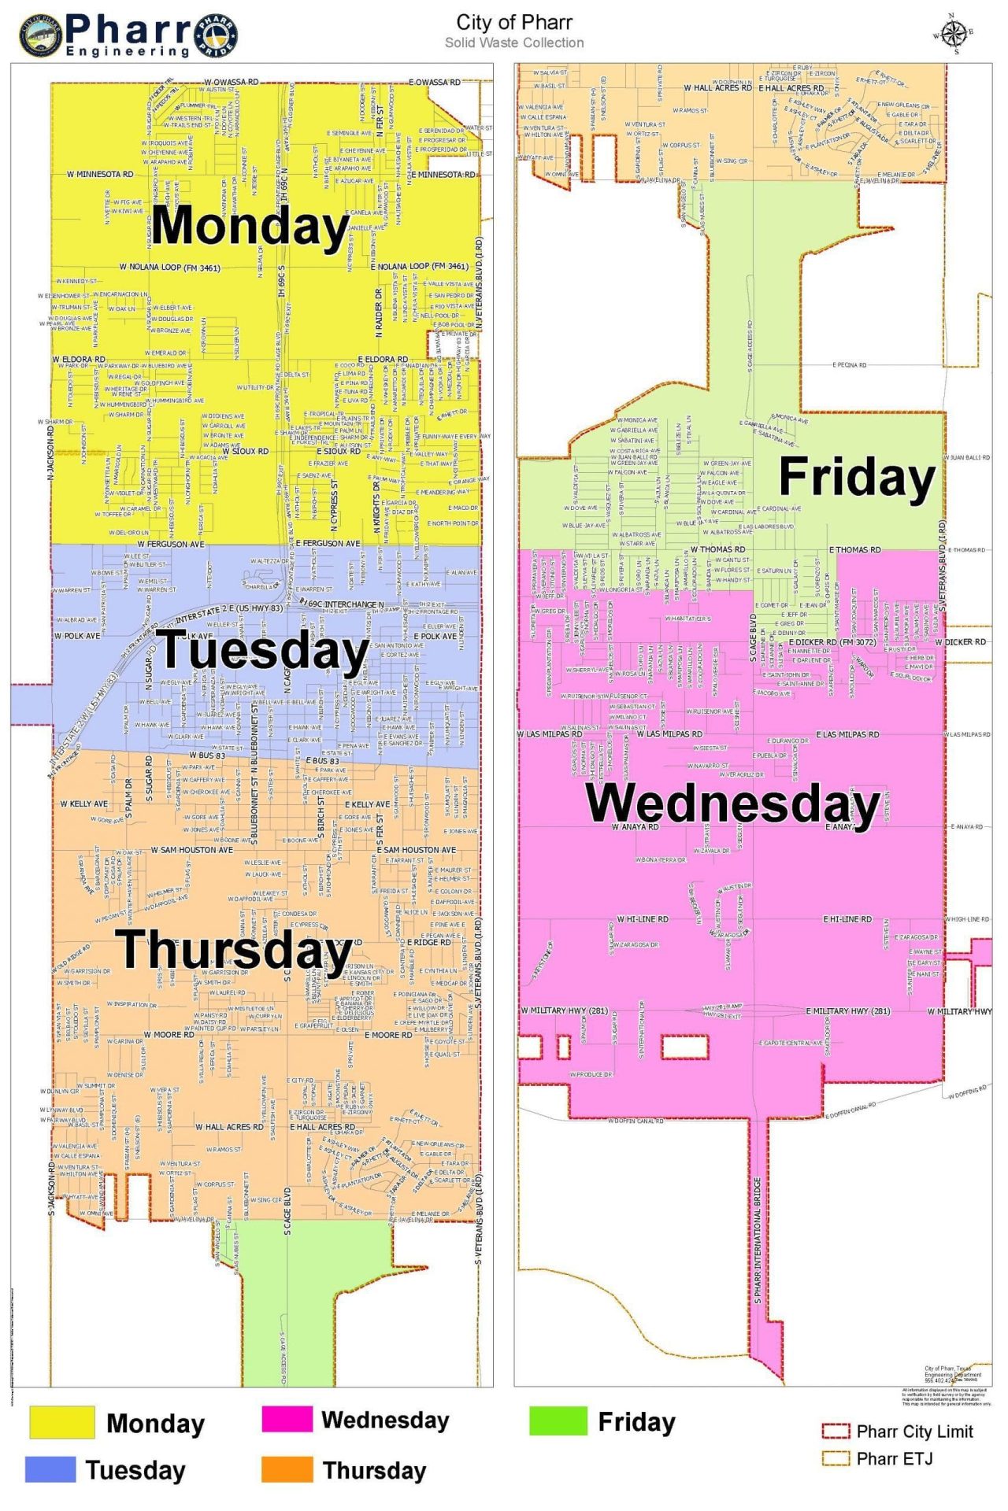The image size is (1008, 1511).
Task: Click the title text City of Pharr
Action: pos(513,22)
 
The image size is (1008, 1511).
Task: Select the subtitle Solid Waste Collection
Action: pos(513,42)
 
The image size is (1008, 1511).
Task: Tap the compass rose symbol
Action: pos(953,34)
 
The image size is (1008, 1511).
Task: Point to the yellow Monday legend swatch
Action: pos(61,1422)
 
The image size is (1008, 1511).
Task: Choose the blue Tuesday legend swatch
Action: pos(50,1469)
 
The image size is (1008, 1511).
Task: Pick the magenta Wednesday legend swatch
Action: pos(287,1419)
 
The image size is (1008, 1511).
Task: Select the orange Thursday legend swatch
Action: pos(287,1469)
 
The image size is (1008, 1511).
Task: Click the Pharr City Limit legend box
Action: pos(835,1431)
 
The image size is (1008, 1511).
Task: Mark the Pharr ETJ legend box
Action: pos(835,1458)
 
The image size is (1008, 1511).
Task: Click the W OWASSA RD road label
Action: pos(231,82)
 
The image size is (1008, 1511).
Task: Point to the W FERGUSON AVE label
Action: pos(170,544)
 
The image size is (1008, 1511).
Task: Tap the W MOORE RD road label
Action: pos(169,1035)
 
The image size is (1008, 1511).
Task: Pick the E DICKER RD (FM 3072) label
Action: pos(832,642)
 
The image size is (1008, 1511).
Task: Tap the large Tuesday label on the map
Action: pos(264,652)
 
